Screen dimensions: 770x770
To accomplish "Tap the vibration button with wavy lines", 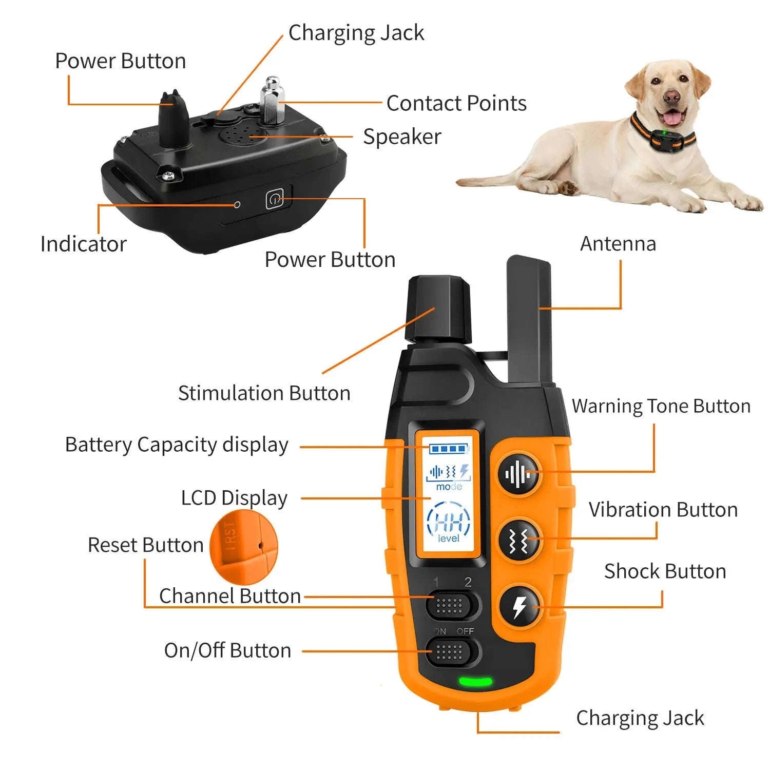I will [519, 540].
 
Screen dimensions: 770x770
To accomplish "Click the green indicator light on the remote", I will [475, 682].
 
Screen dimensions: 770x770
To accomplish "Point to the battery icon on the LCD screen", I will [448, 449].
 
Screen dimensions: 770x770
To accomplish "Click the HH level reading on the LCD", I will [448, 523].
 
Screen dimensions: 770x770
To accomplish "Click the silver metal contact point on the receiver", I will [273, 100].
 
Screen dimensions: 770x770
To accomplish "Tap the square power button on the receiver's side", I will [275, 199].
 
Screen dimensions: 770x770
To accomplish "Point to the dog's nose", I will [670, 96].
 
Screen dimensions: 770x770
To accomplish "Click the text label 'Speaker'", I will [402, 137].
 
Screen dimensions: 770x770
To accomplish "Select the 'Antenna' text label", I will [618, 244].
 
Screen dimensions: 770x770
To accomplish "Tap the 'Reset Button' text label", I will [146, 545].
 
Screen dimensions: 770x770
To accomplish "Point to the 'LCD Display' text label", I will [234, 498].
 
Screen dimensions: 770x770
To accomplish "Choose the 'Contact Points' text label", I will [456, 103].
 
